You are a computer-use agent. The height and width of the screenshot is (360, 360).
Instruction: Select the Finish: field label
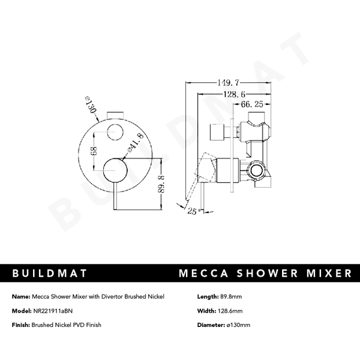click(x=21, y=325)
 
